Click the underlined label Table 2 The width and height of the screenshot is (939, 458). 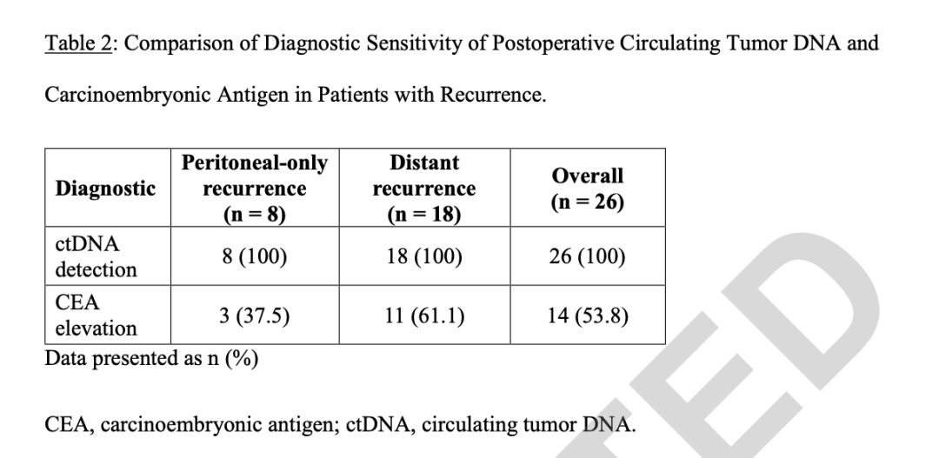tap(78, 43)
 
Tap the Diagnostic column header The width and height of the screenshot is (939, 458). tap(105, 189)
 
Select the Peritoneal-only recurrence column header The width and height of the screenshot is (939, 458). tap(255, 188)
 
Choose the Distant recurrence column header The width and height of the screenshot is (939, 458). tap(424, 188)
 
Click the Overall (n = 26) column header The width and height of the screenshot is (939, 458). tap(588, 189)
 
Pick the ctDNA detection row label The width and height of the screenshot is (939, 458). tap(96, 257)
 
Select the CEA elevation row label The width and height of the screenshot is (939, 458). tap(96, 315)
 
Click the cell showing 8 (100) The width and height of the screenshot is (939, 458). tap(255, 257)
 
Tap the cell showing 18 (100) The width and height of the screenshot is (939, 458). tap(424, 257)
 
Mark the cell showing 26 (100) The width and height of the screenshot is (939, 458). tap(588, 257)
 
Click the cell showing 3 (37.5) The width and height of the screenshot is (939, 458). tap(255, 315)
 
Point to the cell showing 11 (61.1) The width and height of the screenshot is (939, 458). tap(424, 315)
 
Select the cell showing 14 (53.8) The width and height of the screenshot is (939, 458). tap(588, 315)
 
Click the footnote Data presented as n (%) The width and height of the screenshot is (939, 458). tap(151, 359)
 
